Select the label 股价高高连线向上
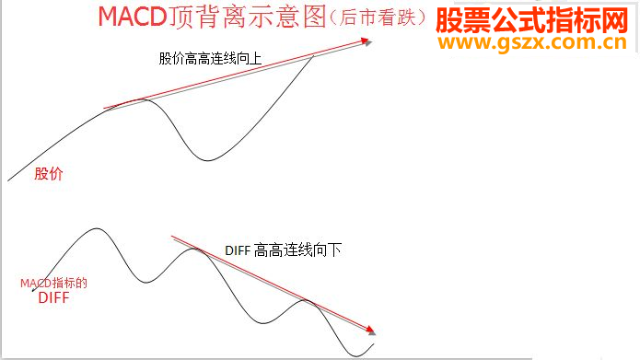[x=210, y=58]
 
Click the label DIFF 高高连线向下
[x=284, y=250]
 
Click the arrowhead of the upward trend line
[x=368, y=40]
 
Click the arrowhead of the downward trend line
[x=373, y=331]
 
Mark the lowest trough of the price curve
[x=204, y=159]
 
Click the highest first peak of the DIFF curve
[x=93, y=229]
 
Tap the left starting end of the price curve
[x=8, y=180]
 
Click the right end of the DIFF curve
[x=375, y=344]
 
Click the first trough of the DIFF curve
[x=145, y=282]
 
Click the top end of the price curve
[x=314, y=56]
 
